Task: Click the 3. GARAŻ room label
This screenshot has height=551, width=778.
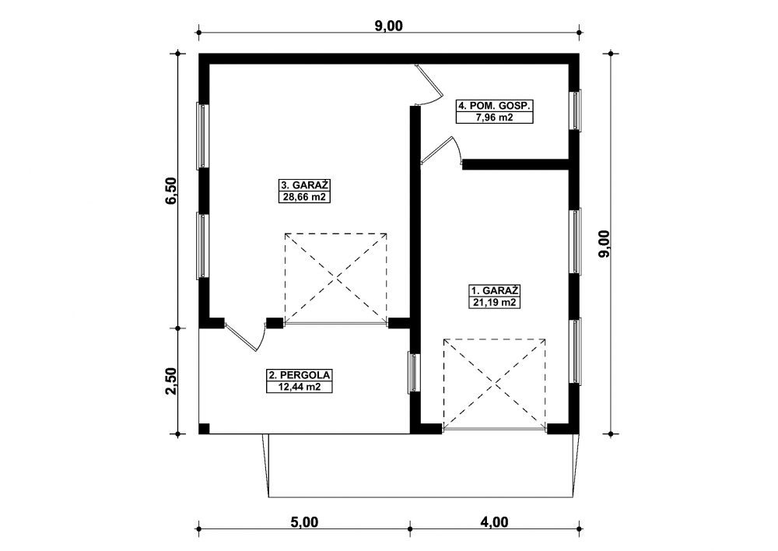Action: pos(305,185)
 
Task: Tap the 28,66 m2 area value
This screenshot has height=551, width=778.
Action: pos(305,197)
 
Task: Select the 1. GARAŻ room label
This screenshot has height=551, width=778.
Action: pos(495,290)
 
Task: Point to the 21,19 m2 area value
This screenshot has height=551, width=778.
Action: pos(495,302)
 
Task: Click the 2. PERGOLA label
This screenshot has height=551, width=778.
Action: pos(300,375)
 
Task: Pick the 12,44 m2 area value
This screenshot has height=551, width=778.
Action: pos(300,387)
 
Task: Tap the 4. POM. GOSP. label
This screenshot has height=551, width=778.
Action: pos(495,106)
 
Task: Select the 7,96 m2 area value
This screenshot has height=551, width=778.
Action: pos(495,118)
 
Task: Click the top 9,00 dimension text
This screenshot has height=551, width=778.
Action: pos(388,26)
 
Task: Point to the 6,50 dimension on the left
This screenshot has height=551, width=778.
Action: pos(171,191)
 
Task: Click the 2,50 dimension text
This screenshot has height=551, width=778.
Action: pos(171,381)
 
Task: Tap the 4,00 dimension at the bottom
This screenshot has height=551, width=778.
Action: pos(494,522)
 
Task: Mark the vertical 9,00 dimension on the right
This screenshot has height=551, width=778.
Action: pos(605,244)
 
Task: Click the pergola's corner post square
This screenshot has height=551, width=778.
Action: pos(204,429)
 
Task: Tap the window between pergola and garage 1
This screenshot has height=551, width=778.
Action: pos(414,373)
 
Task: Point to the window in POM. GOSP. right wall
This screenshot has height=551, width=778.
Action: pos(576,111)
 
